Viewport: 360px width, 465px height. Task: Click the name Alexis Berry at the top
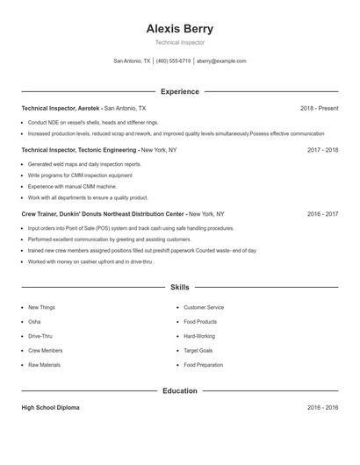[x=179, y=28]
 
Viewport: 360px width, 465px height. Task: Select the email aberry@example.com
[x=221, y=61]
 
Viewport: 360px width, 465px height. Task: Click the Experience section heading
[x=179, y=91]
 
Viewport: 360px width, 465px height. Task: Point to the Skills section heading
[x=179, y=287]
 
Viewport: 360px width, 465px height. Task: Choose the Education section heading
[x=179, y=390]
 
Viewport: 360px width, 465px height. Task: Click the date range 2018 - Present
[x=319, y=108]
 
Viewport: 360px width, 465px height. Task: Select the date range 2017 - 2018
[x=322, y=150]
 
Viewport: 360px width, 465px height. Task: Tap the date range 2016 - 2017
[x=322, y=213]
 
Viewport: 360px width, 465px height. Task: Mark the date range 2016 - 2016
[x=322, y=408]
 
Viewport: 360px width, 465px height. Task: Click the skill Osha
[x=35, y=322]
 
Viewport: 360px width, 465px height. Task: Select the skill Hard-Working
[x=199, y=336]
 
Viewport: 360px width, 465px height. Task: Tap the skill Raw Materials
[x=44, y=364]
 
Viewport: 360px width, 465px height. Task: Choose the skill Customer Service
[x=204, y=308]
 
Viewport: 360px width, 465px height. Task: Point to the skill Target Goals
[x=198, y=350]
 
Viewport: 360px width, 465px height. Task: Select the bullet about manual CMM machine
[x=72, y=187]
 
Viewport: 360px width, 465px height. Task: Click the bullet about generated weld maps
[x=84, y=164]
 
